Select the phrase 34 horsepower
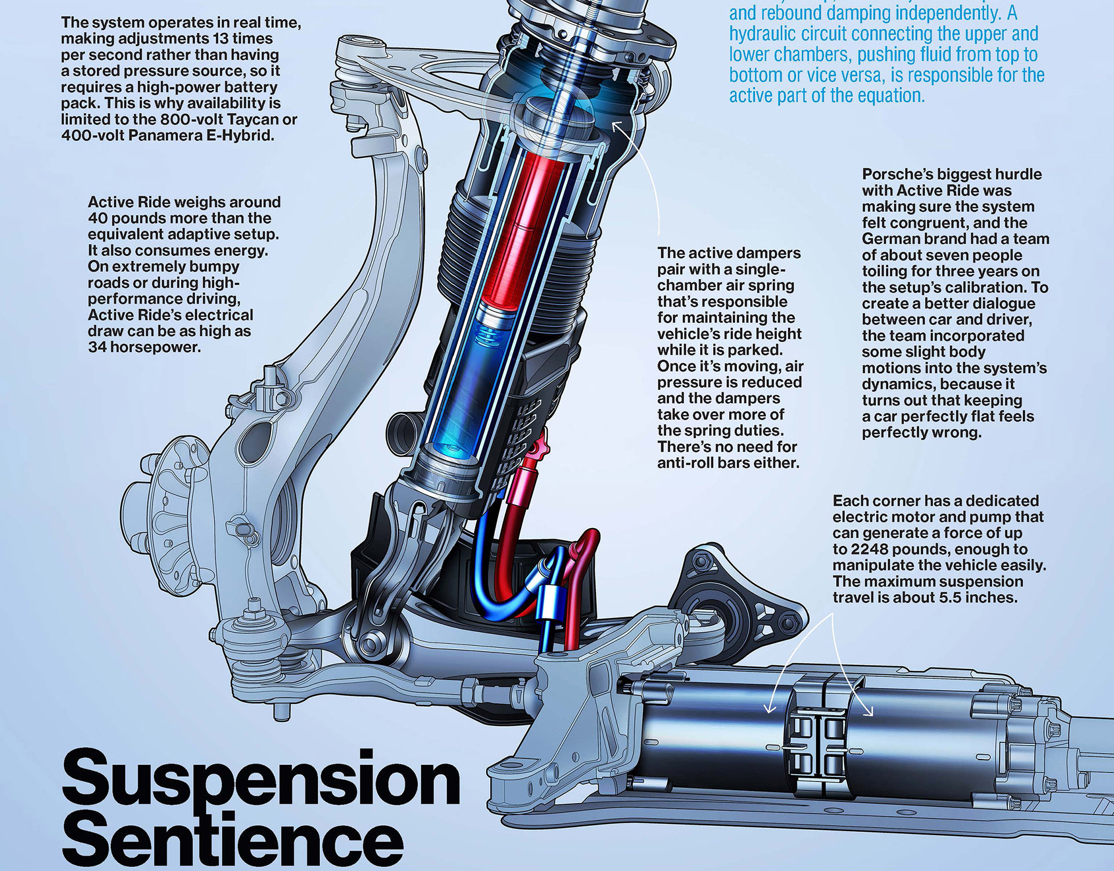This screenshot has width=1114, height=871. point(144,347)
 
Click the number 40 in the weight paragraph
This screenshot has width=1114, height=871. point(97,218)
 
